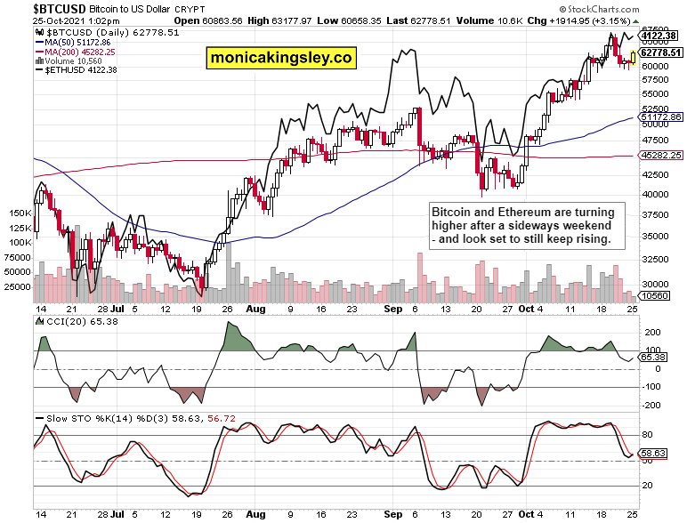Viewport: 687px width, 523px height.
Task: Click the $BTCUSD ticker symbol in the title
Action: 60,9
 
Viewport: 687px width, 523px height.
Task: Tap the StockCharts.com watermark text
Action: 599,9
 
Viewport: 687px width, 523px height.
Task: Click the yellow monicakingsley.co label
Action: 281,58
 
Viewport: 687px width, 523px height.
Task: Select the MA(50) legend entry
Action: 73,43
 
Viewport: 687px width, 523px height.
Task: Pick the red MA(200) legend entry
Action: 75,52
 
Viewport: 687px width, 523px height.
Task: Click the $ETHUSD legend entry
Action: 77,70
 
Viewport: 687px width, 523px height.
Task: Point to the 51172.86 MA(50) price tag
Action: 660,117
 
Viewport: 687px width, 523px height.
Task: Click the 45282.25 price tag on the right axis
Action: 660,155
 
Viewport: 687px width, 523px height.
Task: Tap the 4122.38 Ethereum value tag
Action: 660,36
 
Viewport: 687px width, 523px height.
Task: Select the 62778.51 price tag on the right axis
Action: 660,52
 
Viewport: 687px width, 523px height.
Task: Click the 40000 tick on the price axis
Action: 655,195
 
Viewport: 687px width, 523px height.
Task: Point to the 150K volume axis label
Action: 20,213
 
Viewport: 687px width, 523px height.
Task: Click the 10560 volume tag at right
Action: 655,296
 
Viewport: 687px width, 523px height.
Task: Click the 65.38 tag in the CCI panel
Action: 653,358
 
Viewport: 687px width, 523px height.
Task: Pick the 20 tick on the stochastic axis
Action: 648,486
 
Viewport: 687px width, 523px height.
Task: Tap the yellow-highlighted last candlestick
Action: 633,58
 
